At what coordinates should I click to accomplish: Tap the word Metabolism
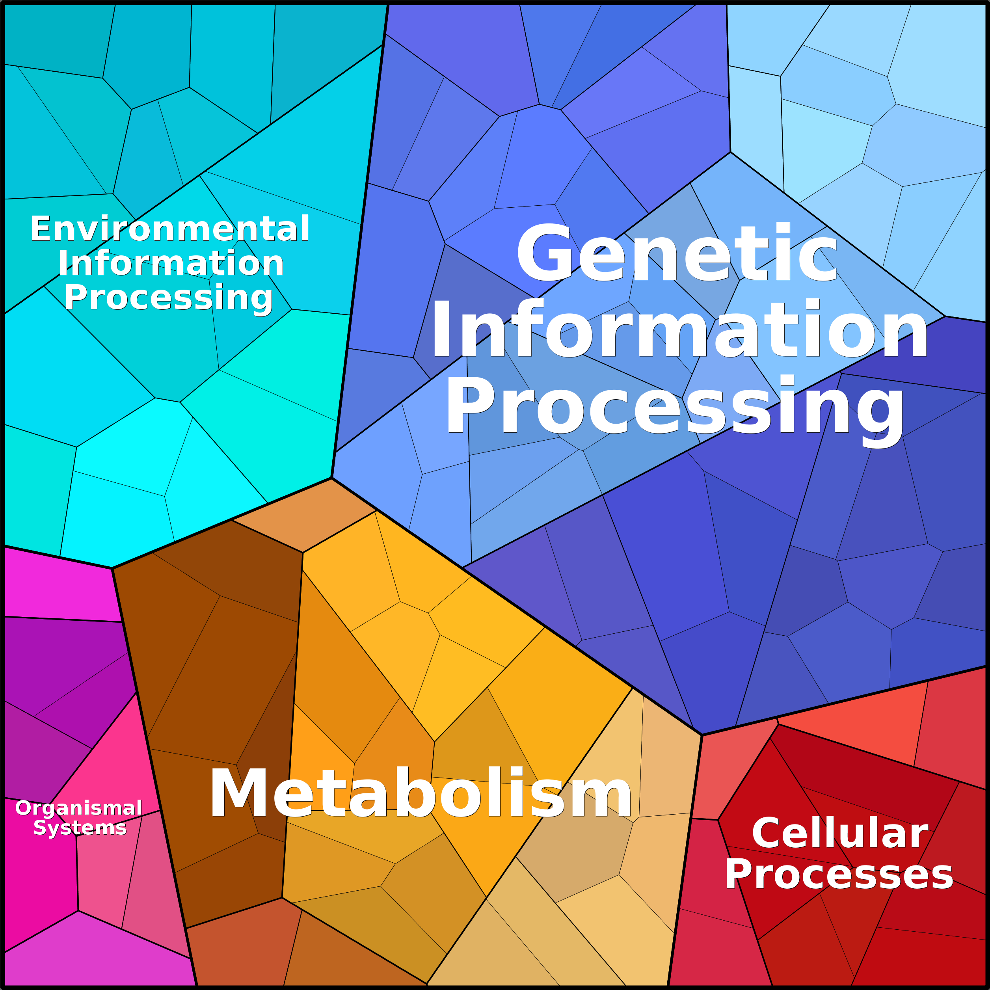point(421,793)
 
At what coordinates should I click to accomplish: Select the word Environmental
point(169,229)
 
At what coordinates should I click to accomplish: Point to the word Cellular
point(840,833)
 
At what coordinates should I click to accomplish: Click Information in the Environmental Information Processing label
point(171,263)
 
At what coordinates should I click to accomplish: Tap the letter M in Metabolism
point(239,793)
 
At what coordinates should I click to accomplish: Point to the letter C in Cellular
point(767,833)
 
